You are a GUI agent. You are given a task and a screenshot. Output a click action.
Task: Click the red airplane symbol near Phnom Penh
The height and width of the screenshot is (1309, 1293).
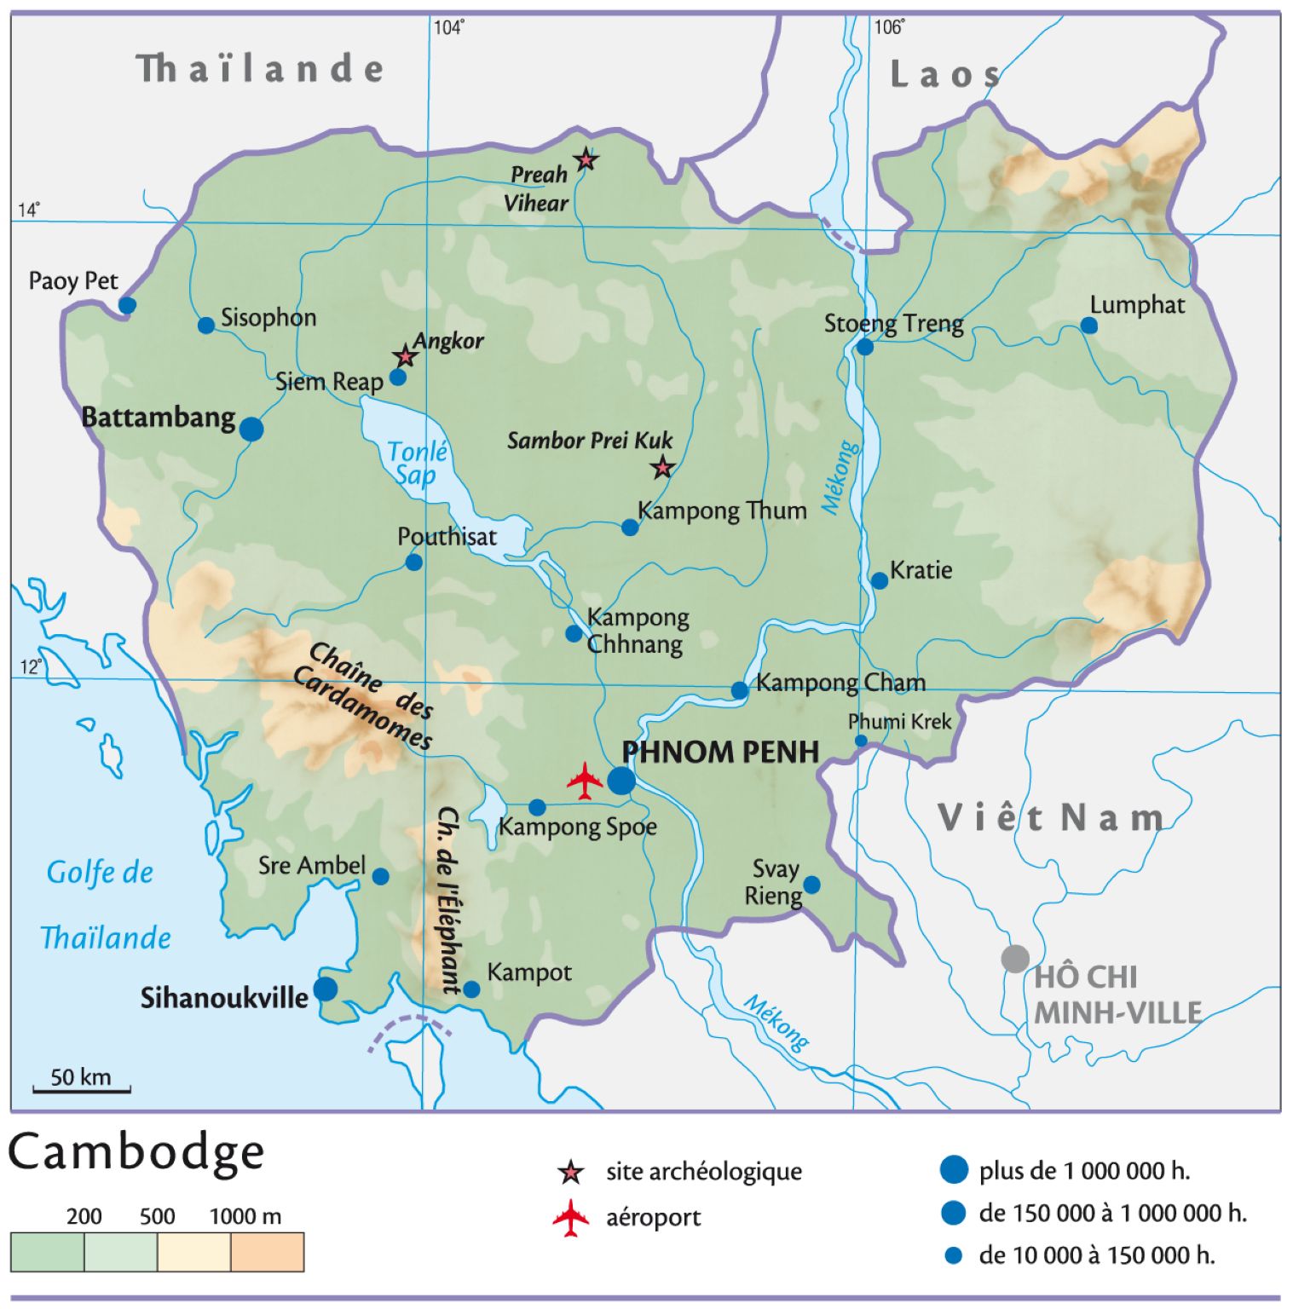pyautogui.click(x=585, y=781)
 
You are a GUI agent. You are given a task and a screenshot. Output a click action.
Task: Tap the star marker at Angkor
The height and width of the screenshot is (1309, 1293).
pyautogui.click(x=406, y=356)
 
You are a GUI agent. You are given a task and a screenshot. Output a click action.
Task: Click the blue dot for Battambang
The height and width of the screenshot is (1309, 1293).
pyautogui.click(x=251, y=429)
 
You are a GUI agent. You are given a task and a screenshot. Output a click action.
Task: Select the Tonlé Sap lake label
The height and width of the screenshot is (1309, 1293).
pyautogui.click(x=417, y=463)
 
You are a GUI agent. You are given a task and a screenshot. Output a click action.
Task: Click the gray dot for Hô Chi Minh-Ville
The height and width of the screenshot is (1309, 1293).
pyautogui.click(x=1014, y=958)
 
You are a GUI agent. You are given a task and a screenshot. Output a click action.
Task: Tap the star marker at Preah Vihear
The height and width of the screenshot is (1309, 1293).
pyautogui.click(x=586, y=159)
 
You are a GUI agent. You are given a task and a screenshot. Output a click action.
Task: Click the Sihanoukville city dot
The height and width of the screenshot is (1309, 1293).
pyautogui.click(x=325, y=989)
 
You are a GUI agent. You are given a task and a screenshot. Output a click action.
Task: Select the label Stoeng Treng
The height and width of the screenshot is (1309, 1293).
pyautogui.click(x=893, y=324)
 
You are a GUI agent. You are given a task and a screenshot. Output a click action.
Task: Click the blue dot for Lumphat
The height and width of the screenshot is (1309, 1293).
pyautogui.click(x=1088, y=326)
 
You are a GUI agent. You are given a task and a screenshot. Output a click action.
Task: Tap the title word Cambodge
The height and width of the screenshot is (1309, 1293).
pyautogui.click(x=136, y=1152)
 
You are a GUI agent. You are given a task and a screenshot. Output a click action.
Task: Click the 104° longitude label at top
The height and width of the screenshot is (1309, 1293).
pyautogui.click(x=448, y=28)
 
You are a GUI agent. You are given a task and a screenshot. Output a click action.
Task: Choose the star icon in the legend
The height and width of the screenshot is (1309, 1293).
pyautogui.click(x=570, y=1173)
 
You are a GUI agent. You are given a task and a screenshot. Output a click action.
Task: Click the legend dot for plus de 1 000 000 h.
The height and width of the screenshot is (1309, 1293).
pyautogui.click(x=954, y=1170)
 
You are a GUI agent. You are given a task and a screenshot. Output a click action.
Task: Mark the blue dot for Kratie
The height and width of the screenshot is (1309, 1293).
pyautogui.click(x=879, y=580)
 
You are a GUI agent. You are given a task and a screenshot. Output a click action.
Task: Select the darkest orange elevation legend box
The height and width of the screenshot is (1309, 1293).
pyautogui.click(x=267, y=1252)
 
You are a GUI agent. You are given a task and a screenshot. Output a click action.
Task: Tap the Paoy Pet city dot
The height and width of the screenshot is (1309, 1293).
pyautogui.click(x=127, y=305)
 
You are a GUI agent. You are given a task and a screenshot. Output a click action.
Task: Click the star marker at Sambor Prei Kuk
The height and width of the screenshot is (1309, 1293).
pyautogui.click(x=662, y=467)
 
